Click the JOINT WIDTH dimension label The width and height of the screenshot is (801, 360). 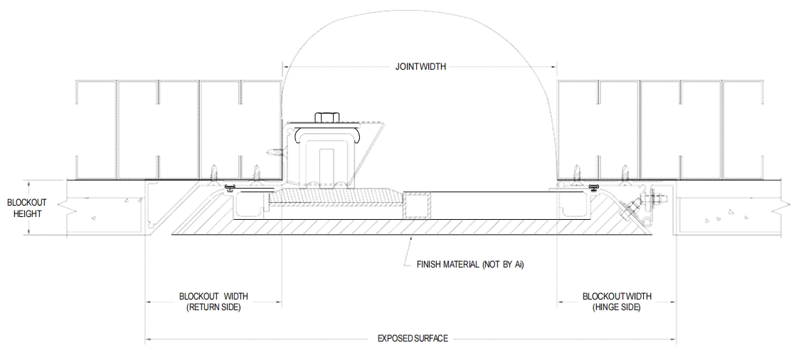coord(420,66)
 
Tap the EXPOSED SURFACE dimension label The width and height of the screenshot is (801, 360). coord(413,338)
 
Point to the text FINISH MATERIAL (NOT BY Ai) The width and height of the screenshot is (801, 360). coord(470,265)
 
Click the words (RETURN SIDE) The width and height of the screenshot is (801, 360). coord(213,307)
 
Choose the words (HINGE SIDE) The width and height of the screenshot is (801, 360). coord(617,307)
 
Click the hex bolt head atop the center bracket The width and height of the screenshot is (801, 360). coord(327,117)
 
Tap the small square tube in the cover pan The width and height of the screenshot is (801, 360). coord(417,206)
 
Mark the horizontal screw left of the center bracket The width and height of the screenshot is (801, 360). coord(275,151)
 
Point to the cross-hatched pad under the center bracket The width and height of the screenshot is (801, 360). coord(334,196)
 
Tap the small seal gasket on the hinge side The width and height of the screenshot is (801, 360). coord(593,186)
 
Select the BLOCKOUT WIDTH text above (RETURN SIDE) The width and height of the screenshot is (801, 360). coord(213,296)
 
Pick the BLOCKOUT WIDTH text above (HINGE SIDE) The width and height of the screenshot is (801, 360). coord(617,296)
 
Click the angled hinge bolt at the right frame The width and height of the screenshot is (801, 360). coord(632,209)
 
